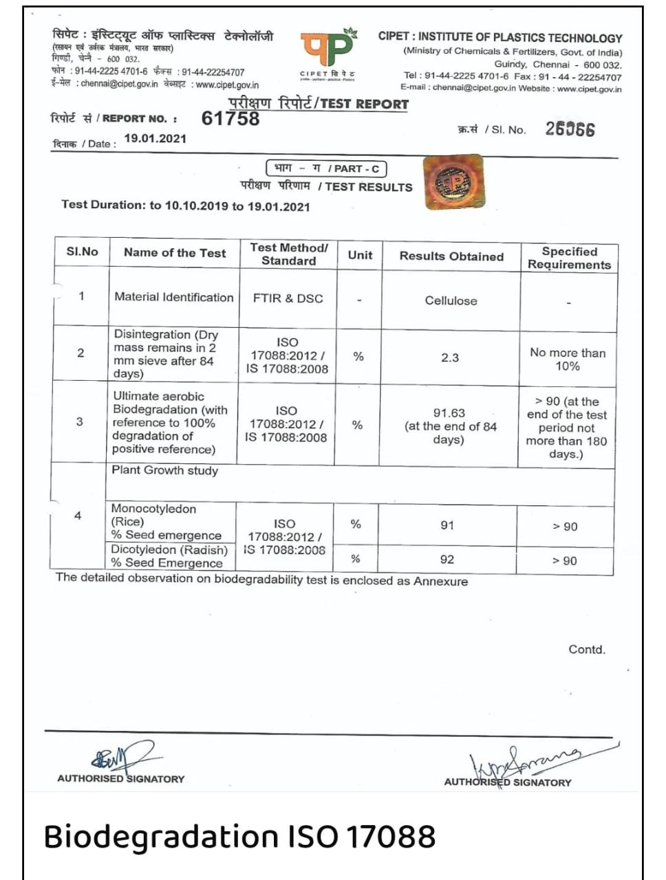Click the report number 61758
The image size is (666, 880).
(230, 118)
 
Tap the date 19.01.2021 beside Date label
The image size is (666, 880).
(155, 138)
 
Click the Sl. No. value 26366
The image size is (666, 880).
(570, 129)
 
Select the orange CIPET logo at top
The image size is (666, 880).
(327, 49)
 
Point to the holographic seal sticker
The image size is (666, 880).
(453, 182)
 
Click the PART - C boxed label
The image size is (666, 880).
(326, 168)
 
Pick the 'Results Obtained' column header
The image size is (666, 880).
(451, 256)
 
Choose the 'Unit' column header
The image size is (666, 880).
(360, 255)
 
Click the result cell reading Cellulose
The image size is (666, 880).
(451, 300)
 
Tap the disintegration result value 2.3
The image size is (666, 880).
(450, 357)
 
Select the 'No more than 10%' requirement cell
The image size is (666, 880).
(568, 359)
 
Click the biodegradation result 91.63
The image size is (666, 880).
(449, 412)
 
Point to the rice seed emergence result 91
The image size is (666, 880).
(447, 525)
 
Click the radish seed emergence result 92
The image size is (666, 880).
(447, 560)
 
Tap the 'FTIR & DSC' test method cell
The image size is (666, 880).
(288, 298)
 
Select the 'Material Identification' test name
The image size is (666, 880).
(174, 297)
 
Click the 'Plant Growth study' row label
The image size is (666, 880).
(165, 470)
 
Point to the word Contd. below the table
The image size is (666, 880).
(587, 650)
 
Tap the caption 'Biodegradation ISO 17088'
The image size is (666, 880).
(239, 837)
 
